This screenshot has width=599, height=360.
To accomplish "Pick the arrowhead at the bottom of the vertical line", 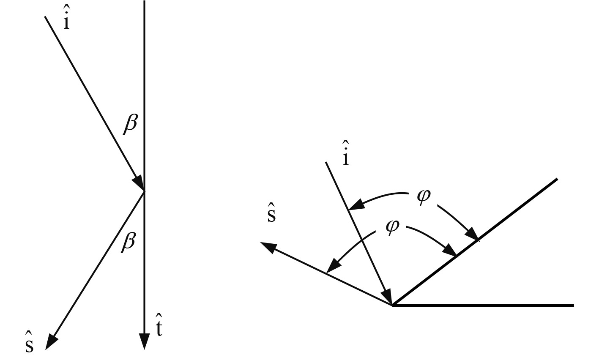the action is tap(145, 341).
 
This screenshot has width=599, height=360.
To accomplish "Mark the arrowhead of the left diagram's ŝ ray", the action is tap(51, 341).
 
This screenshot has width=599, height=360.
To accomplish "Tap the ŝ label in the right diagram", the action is tap(271, 215).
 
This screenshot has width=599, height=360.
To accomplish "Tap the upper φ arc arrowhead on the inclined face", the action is tap(474, 235).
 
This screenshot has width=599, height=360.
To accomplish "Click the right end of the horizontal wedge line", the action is tap(573, 305).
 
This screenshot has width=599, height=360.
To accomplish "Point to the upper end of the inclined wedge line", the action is tap(557, 180).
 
